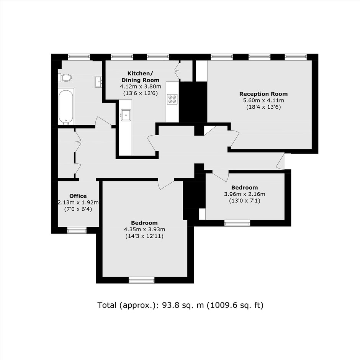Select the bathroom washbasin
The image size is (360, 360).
tap(98, 82)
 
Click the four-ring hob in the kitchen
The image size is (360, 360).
tap(172, 99)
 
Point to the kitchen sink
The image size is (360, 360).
tap(126, 115)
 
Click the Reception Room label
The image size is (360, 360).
tap(263, 94)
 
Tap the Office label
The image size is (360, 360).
tap(78, 196)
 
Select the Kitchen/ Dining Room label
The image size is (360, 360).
tap(140, 77)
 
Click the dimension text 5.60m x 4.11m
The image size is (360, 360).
tap(263, 100)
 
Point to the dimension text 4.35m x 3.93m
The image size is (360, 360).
tap(144, 229)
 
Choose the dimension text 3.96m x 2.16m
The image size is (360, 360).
tap(244, 194)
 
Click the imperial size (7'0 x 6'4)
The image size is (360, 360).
tap(78, 209)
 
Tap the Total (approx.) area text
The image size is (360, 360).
tap(180, 305)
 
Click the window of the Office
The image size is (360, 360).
tap(77, 230)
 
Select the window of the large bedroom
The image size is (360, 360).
tap(141, 280)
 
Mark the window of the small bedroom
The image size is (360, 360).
tap(237, 223)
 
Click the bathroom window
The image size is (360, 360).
tap(79, 57)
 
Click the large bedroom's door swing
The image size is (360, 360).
tap(166, 184)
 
